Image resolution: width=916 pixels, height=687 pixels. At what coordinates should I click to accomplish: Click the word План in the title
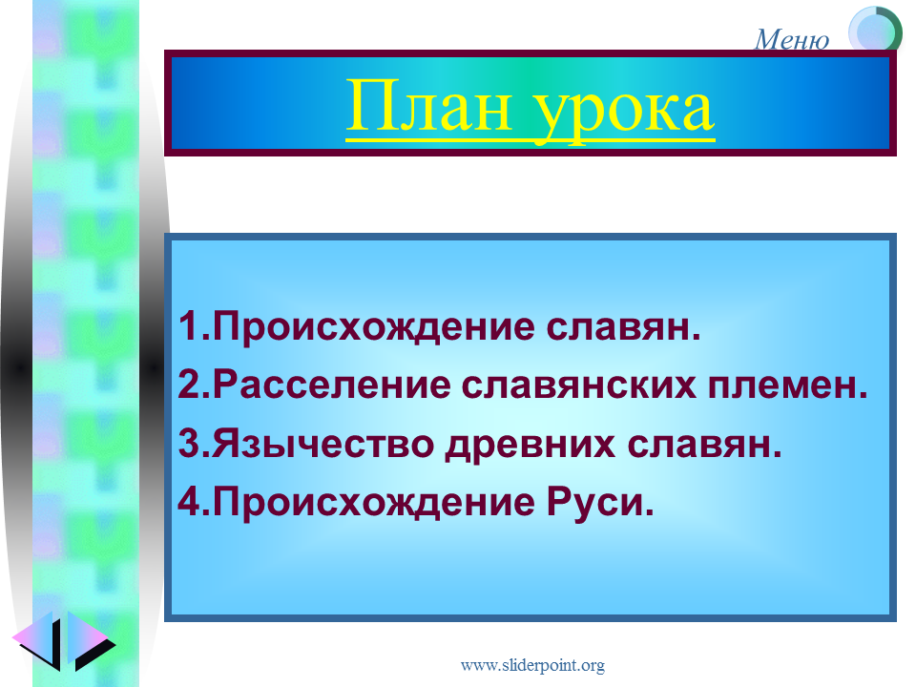(429, 107)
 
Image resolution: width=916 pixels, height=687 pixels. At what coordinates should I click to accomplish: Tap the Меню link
(792, 40)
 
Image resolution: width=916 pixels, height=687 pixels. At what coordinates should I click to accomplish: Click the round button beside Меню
(875, 30)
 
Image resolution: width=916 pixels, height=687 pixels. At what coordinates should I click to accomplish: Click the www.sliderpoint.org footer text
(532, 665)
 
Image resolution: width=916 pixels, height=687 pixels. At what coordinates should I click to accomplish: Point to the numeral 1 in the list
(189, 326)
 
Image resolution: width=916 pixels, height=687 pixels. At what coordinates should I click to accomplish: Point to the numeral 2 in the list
(189, 385)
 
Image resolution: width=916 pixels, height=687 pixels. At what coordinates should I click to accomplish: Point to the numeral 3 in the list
(189, 444)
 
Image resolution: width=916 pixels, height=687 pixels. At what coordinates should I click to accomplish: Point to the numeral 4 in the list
(189, 502)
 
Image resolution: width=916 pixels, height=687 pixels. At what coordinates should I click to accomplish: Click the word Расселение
(332, 385)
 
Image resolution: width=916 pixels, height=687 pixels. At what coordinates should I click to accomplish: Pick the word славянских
(579, 385)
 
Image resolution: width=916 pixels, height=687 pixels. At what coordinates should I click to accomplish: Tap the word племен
(781, 386)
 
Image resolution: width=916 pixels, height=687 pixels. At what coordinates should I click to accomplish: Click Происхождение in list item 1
(373, 327)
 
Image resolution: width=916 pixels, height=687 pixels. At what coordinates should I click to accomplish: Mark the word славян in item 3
(698, 446)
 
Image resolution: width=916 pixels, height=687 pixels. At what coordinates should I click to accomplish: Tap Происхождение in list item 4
(373, 503)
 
